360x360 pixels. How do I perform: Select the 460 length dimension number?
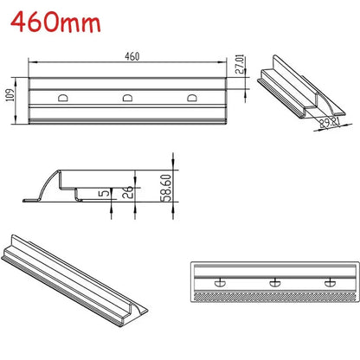tap(132, 56)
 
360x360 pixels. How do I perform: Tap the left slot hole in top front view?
tap(63, 98)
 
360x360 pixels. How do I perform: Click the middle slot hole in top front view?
tap(128, 98)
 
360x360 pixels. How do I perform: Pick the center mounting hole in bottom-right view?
tap(275, 281)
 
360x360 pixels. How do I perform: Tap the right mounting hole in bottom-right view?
tap(328, 281)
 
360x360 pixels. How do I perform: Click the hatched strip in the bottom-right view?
tap(275, 295)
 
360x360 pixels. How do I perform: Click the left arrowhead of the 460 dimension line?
tap(33, 62)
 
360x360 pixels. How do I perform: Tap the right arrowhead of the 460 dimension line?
tap(228, 62)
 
